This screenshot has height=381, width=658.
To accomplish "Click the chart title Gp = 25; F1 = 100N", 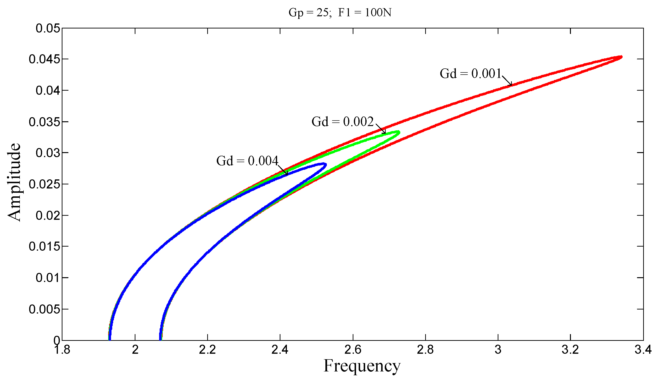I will pos(340,12).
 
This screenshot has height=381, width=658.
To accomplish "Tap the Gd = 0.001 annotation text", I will pos(470,74).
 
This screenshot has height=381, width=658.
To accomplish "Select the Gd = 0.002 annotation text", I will pos(342,121).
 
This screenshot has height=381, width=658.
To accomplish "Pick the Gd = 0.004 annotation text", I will pos(247,161).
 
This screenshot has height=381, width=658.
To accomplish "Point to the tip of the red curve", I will pos(621,57).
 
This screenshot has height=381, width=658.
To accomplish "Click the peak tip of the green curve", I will pos(399,132).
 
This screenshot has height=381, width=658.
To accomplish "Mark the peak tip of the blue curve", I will pos(325,164).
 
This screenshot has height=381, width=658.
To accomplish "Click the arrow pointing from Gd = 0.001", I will pos(507,81).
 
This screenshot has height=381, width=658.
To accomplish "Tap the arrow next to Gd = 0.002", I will pos(381,129).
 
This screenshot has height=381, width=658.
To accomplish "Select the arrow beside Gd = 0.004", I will pos(283,170).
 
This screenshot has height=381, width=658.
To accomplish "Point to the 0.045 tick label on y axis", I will pos(45,59).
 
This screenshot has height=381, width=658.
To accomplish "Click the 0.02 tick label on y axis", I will pos(48,215).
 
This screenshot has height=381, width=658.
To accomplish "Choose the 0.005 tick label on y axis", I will pos(45,309).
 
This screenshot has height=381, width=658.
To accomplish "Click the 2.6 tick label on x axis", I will pos(353,350).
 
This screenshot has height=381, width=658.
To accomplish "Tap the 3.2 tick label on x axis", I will pos(570,350).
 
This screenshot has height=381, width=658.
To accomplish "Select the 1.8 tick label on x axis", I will pos(62,350).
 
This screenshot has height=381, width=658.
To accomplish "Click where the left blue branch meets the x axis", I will pos(110,340).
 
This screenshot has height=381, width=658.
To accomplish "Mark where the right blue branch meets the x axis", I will pos(160,340).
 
